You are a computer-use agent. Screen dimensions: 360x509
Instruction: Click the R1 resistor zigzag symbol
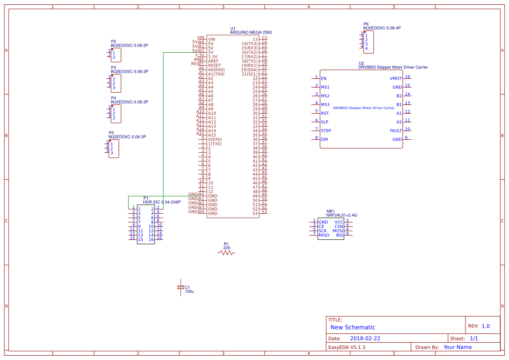226,253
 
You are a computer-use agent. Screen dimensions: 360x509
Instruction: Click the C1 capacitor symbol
181,288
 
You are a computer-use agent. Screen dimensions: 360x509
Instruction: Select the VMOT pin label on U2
396,79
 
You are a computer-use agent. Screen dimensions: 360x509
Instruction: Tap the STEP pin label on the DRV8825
326,131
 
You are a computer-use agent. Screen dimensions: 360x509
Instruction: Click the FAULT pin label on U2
396,131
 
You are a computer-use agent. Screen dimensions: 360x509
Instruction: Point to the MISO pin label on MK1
324,236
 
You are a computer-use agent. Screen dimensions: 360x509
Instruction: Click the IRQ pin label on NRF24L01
339,236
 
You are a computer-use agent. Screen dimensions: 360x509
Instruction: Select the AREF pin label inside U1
213,61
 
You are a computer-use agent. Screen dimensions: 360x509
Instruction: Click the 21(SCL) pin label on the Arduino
249,74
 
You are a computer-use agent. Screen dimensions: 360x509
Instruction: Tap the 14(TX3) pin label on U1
249,44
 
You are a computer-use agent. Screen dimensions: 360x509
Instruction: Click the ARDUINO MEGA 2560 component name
251,33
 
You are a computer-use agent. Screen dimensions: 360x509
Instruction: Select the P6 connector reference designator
366,24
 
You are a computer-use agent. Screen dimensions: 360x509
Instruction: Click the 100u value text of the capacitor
189,292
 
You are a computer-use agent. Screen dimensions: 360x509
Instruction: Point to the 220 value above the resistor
226,248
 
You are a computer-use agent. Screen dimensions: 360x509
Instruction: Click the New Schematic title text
353,327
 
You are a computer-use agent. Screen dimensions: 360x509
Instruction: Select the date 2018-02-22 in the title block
365,338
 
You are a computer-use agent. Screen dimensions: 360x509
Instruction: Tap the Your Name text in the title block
458,347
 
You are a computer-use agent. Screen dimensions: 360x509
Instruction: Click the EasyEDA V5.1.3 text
347,347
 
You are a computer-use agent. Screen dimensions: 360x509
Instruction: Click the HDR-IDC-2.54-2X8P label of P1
162,202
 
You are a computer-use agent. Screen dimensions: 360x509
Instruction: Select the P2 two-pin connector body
116,55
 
